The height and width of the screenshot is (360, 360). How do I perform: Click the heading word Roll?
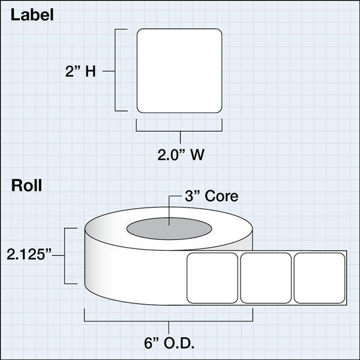coord(27,185)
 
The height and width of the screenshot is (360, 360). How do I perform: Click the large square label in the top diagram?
coord(179,70)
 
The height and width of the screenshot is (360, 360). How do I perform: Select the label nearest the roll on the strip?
coord(213,277)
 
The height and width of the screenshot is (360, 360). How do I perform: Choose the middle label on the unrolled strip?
coord(266,277)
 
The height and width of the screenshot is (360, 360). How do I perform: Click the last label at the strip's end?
coord(318,277)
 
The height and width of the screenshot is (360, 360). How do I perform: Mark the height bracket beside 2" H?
coord(118,70)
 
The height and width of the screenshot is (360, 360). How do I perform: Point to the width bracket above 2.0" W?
coord(179,129)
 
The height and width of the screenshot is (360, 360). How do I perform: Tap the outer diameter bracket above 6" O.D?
coord(170,320)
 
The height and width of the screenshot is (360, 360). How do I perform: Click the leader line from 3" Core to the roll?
coord(170,210)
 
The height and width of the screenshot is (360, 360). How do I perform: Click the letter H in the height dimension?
coord(91,71)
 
